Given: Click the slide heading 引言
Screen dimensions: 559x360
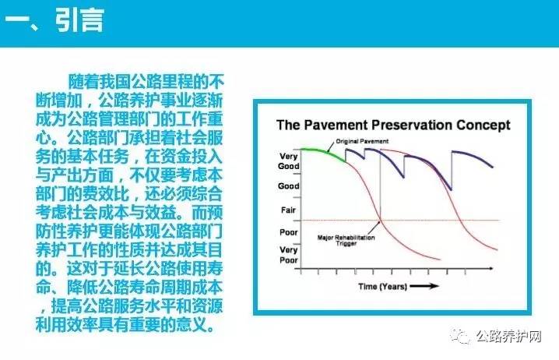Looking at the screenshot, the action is click(80, 20).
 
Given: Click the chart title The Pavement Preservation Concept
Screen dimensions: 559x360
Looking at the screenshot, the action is click(393, 125).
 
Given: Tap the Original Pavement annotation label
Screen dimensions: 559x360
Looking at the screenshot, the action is click(362, 141).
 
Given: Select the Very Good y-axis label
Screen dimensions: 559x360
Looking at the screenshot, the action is click(288, 161).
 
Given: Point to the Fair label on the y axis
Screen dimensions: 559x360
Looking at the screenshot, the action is click(288, 210).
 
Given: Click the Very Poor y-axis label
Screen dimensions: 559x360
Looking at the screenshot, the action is click(288, 255).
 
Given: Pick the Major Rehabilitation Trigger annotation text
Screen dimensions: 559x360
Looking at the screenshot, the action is click(346, 241).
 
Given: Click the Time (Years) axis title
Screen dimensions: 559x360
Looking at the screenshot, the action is click(382, 286).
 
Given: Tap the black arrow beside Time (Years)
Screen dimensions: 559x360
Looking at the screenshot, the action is click(424, 286).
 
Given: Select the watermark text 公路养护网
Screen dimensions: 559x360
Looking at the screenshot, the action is click(508, 336).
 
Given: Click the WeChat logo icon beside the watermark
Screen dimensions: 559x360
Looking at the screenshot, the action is click(460, 335).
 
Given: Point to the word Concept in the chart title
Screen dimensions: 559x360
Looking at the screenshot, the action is click(483, 125).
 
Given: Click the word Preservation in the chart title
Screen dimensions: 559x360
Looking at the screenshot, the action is click(412, 125).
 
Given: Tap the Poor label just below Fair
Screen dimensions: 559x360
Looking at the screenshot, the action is click(288, 232).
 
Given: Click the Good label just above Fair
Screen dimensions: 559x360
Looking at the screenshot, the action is click(288, 186).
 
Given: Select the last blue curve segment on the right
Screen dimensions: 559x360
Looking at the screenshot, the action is click(473, 157).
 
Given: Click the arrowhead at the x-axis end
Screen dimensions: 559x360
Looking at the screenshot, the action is click(491, 268).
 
